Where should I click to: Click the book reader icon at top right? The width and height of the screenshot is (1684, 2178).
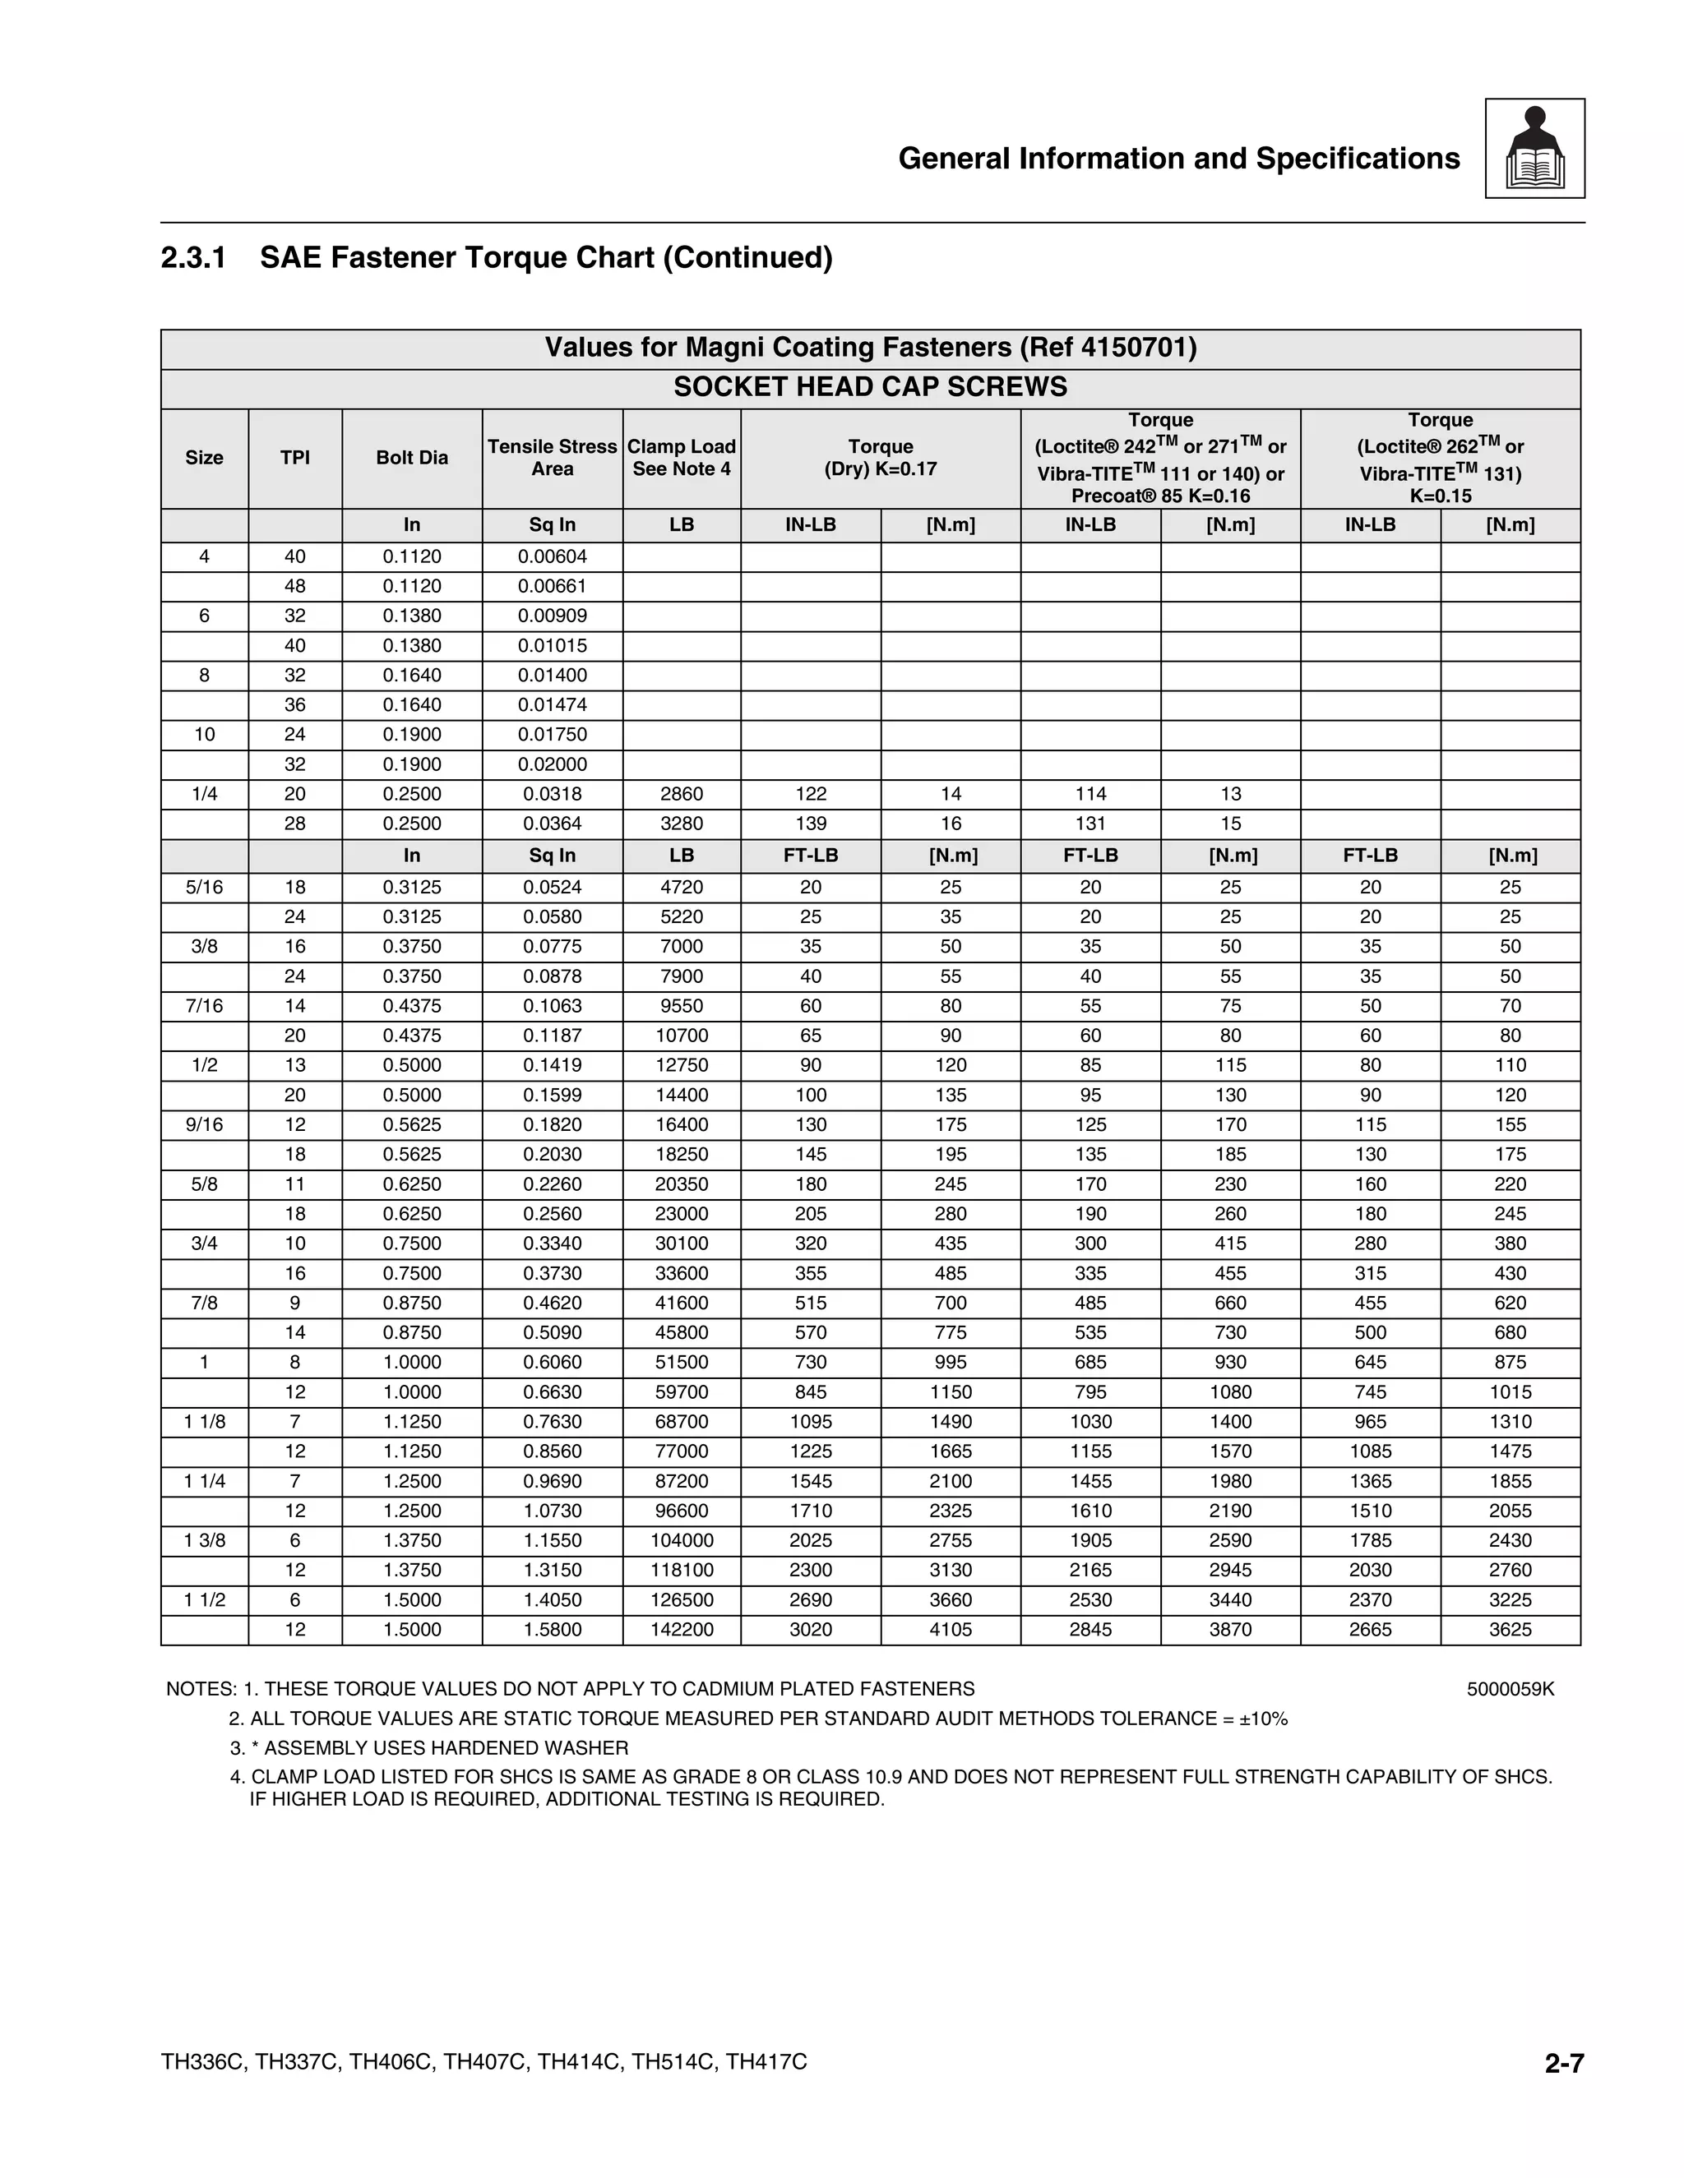(1534, 149)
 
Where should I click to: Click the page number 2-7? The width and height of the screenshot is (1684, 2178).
(1563, 2063)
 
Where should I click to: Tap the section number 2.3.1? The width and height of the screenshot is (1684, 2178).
(193, 258)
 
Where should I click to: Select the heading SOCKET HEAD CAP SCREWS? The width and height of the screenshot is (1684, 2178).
(870, 388)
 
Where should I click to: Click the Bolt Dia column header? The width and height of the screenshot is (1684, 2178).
(412, 458)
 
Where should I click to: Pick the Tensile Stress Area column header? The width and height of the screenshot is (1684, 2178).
(552, 458)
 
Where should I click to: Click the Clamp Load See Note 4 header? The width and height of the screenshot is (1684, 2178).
(682, 458)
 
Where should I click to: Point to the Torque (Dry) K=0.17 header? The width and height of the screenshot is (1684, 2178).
(880, 458)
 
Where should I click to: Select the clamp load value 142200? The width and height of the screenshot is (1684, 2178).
(682, 1630)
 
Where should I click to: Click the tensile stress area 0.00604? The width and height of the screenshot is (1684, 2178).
(552, 556)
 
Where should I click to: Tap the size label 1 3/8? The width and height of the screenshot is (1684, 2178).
(205, 1541)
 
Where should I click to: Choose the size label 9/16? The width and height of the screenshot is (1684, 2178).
(205, 1125)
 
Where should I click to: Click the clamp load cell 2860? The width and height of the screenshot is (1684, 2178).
(682, 794)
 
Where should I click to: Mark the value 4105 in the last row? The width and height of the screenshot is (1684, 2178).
(950, 1630)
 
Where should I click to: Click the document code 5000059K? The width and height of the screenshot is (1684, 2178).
(1511, 1689)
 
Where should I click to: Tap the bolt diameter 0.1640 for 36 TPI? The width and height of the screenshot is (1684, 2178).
(412, 705)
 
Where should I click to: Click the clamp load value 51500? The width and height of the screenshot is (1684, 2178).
(682, 1362)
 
